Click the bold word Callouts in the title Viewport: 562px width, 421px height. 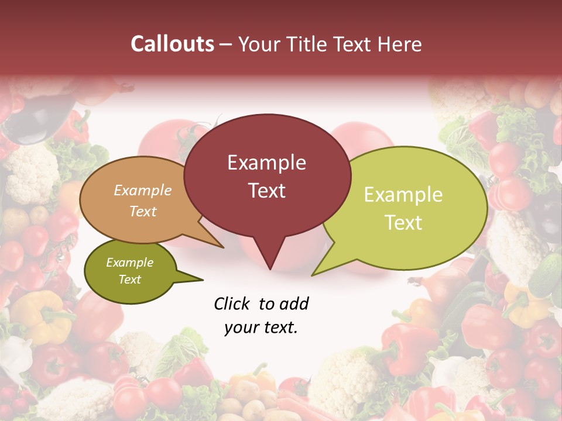173,44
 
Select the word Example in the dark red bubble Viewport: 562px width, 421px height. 266,163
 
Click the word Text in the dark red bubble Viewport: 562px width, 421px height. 266,191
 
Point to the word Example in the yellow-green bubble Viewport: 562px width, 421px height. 403,195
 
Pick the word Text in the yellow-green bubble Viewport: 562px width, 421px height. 403,223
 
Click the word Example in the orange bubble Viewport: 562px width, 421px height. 142,191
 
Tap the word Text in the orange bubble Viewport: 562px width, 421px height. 142,211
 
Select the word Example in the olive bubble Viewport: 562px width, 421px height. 129,263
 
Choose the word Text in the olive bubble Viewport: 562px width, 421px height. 129,279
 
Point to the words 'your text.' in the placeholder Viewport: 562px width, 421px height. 261,328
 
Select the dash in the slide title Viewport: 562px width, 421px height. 227,44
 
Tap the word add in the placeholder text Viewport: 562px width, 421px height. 294,303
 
